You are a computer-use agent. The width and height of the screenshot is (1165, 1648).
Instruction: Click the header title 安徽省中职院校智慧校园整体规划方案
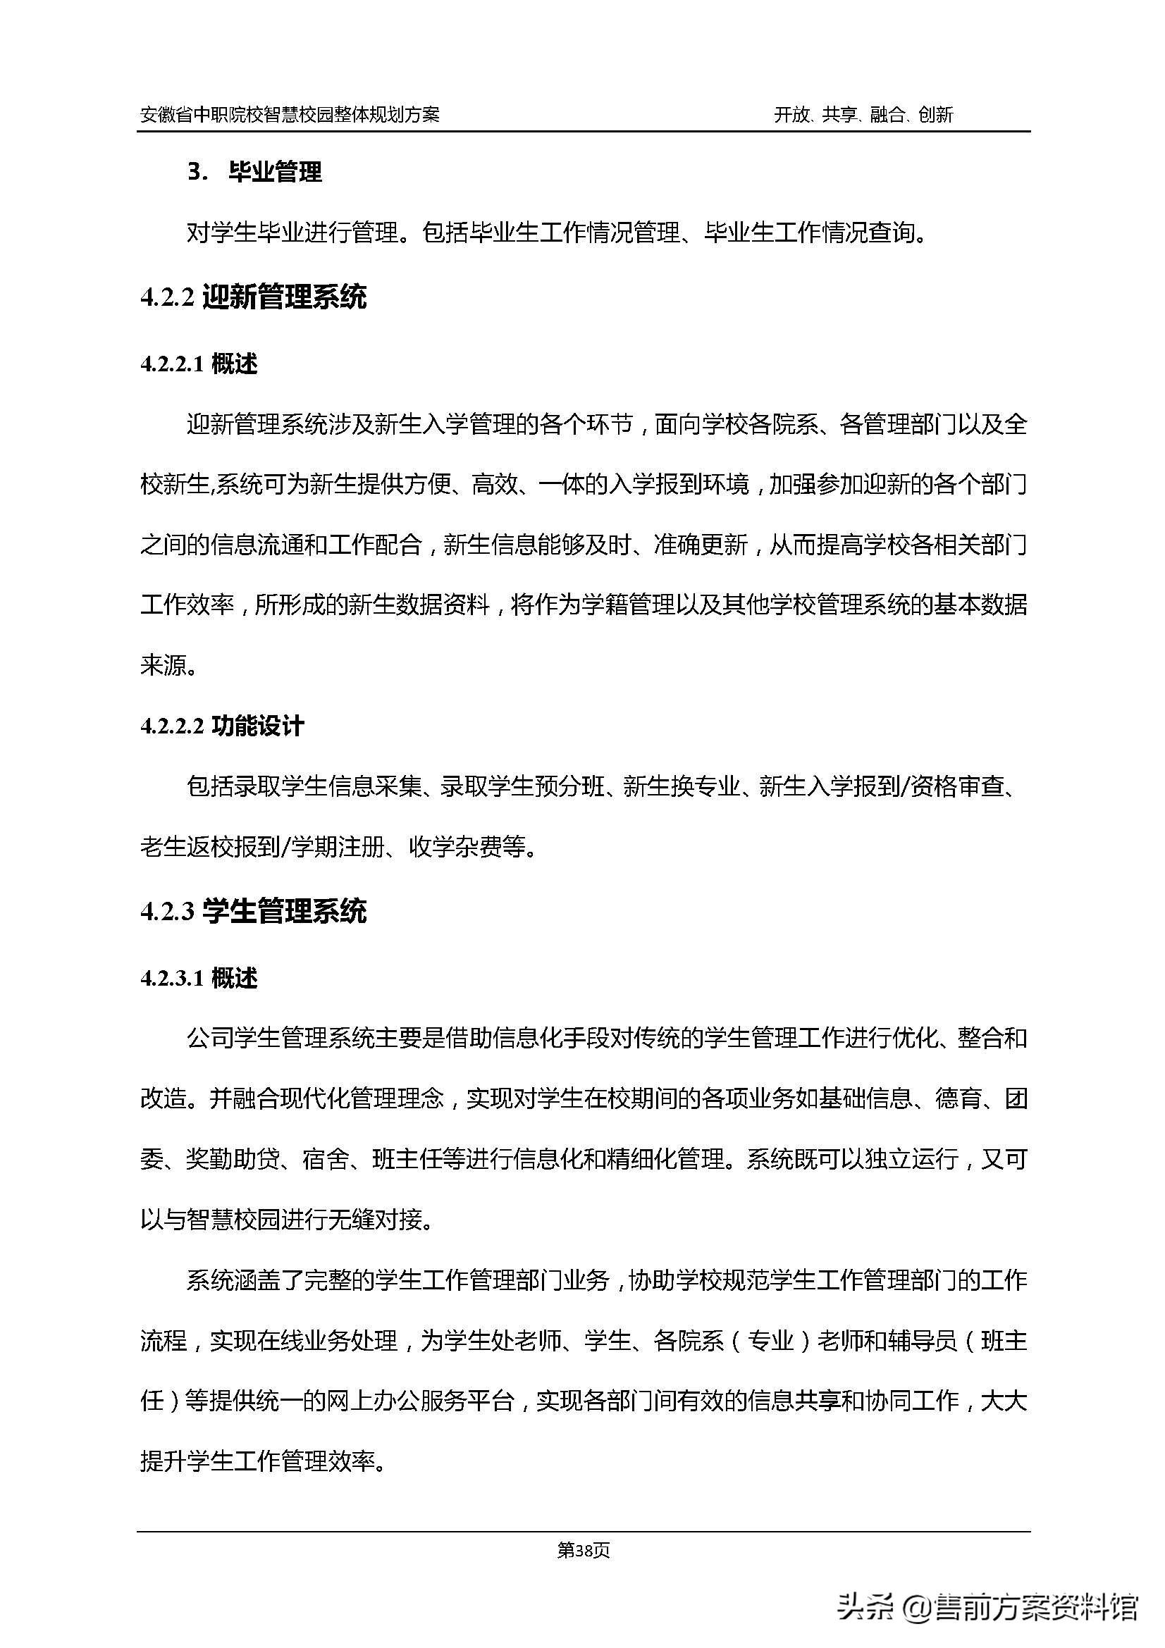[x=290, y=115]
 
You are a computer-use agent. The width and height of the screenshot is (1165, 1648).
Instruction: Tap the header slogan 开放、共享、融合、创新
[x=863, y=115]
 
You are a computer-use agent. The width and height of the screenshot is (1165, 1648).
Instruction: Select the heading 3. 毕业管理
[x=255, y=172]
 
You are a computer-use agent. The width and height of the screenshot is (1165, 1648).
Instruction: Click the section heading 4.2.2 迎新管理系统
[x=254, y=297]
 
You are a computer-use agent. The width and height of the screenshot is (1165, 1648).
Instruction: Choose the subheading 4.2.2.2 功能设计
[x=222, y=726]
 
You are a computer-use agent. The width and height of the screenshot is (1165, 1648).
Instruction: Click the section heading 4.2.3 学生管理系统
[x=254, y=912]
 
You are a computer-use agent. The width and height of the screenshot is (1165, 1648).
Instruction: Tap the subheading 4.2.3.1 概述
[x=199, y=979]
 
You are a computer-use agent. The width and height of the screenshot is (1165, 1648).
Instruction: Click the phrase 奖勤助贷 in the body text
[x=233, y=1160]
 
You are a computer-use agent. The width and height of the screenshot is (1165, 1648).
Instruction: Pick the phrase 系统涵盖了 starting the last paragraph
[x=244, y=1281]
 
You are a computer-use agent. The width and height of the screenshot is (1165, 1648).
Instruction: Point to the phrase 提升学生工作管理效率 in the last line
[x=257, y=1461]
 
